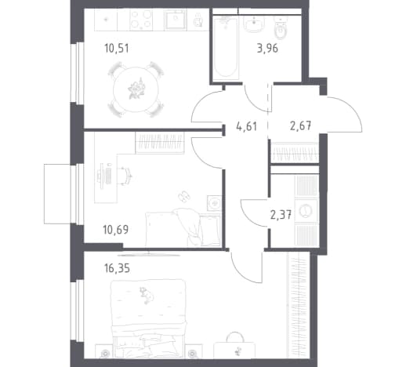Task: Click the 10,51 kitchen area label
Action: click(117, 49)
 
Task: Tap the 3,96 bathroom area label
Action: click(267, 49)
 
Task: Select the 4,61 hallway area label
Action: click(246, 126)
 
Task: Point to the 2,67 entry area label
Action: click(300, 125)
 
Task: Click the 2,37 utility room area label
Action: click(281, 216)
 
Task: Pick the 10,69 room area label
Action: click(116, 230)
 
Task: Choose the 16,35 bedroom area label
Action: click(117, 268)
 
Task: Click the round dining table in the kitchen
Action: click(136, 89)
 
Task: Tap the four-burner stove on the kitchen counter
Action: click(141, 20)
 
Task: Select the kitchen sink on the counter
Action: click(176, 20)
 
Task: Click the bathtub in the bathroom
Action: click(226, 48)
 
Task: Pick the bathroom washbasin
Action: click(254, 24)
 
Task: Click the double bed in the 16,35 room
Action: click(149, 318)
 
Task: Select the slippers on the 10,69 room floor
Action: click(184, 196)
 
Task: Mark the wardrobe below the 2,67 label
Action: click(295, 152)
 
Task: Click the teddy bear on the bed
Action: click(147, 295)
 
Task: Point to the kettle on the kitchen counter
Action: click(198, 20)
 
